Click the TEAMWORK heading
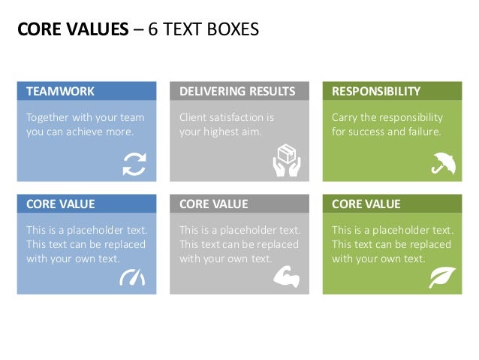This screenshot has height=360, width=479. coord(61,92)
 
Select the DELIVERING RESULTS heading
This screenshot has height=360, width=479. coord(237,92)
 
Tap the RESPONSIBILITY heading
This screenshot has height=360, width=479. coord(376,92)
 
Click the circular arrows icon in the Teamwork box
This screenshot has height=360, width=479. coord(134,162)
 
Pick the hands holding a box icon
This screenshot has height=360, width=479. coord(288,160)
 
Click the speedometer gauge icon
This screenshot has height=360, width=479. coord(132,277)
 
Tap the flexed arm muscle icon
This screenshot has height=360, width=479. coord(287,277)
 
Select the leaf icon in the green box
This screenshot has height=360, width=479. coord(441,277)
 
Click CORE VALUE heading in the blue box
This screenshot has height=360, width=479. coord(61,204)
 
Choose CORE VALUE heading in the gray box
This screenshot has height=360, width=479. coord(214,204)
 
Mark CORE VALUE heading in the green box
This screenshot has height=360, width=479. coord(366,204)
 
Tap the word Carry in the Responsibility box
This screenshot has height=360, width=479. coord(345,118)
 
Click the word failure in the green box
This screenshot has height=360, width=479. coord(424,132)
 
